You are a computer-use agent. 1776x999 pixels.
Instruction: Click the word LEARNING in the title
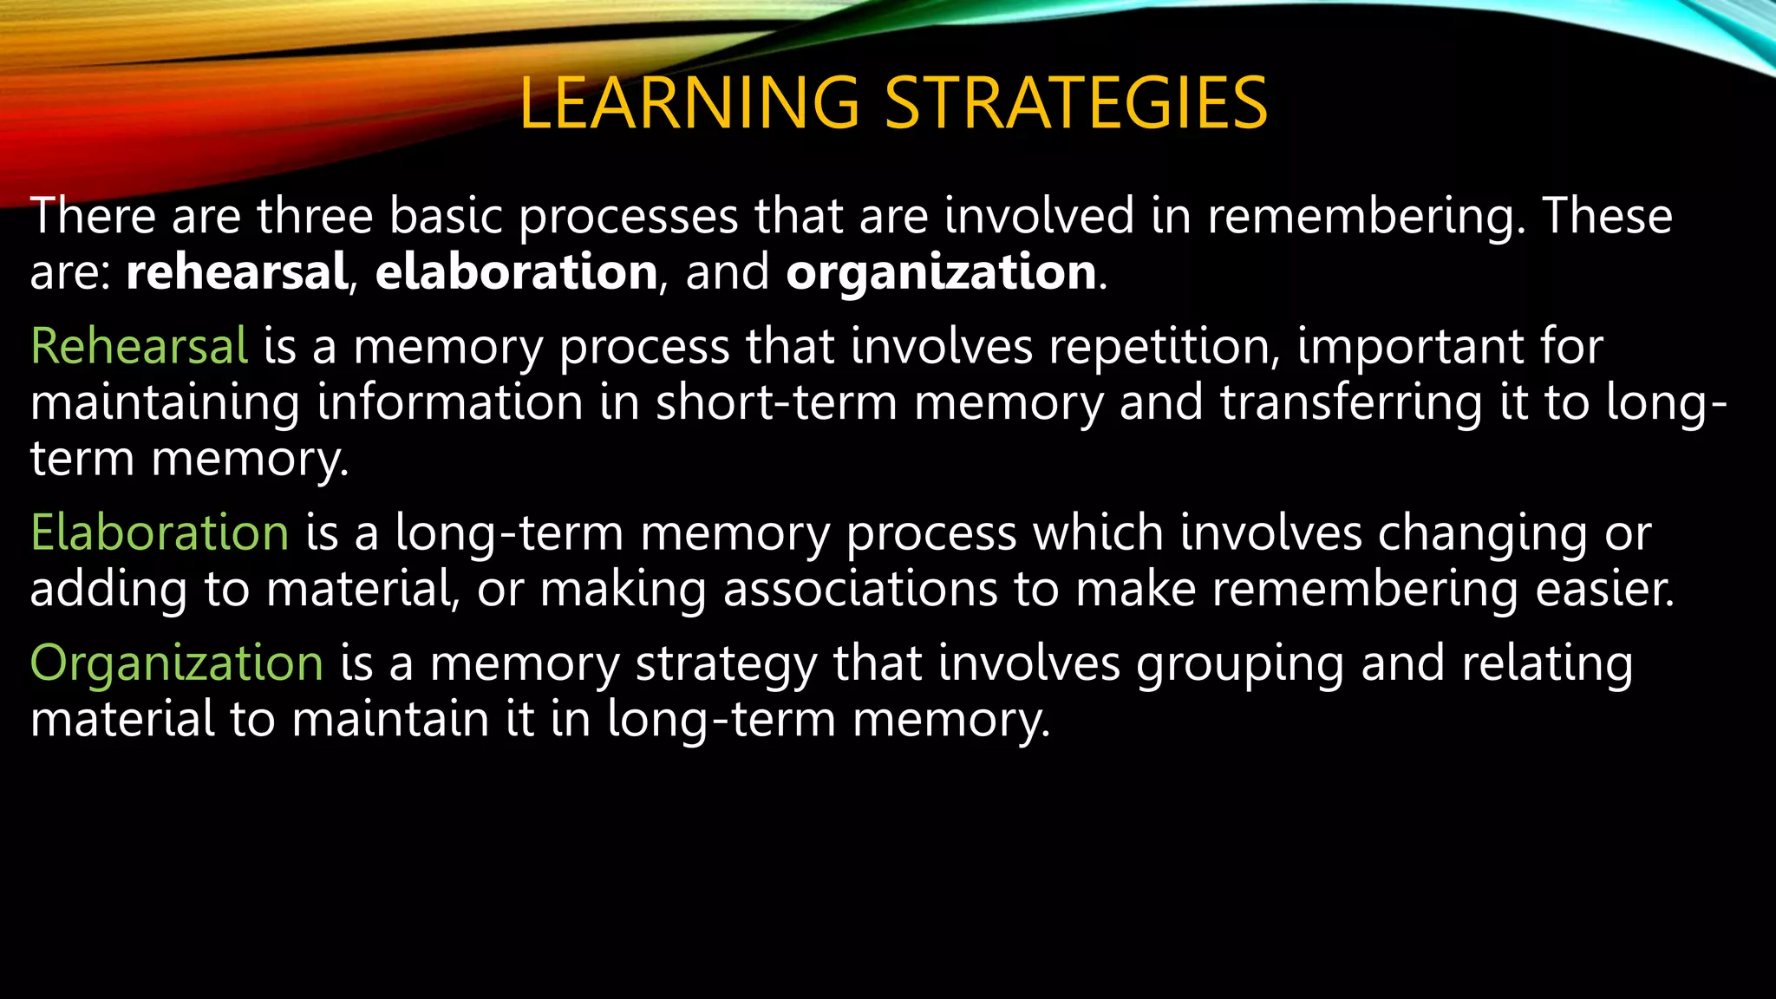[x=689, y=103]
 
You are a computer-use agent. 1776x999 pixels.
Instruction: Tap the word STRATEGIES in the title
[x=1076, y=103]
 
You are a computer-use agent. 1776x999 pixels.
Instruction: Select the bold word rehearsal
[x=237, y=272]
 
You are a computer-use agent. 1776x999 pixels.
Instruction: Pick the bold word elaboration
[x=517, y=272]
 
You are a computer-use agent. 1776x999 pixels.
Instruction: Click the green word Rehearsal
[x=140, y=346]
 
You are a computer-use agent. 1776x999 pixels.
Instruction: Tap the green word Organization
[x=177, y=663]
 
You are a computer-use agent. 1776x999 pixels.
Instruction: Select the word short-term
[x=776, y=403]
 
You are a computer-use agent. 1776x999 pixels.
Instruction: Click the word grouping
[x=1240, y=665]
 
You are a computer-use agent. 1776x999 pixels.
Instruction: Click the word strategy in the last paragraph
[x=727, y=665]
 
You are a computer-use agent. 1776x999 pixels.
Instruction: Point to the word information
[x=450, y=403]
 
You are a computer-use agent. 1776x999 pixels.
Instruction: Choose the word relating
[x=1547, y=665]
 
